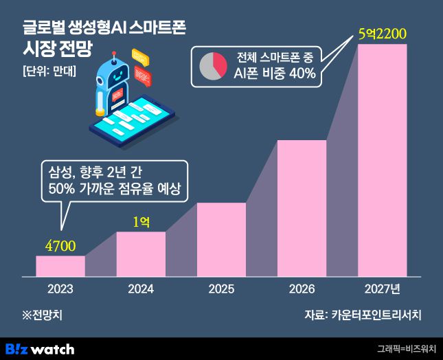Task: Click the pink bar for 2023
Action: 60,266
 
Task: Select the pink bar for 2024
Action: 141,254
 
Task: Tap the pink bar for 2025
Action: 221,240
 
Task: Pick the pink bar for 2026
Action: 302,208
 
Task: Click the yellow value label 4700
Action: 60,245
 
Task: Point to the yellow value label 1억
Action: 141,221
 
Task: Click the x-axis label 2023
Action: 60,289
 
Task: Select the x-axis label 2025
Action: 221,289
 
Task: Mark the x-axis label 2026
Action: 302,289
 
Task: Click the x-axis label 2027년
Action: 383,289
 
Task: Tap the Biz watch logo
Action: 39,348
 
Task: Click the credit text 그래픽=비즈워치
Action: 407,349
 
